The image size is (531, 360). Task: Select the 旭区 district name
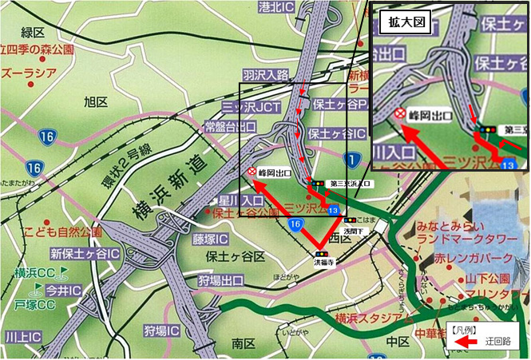point(95,101)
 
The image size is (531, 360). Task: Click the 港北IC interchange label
point(278,6)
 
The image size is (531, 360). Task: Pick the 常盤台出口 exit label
point(230,127)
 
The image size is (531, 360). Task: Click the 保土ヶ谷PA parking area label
point(340,104)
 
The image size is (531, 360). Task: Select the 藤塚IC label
point(209,239)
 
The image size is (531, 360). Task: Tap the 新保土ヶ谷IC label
point(84,254)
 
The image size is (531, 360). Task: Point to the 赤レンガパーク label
point(468,259)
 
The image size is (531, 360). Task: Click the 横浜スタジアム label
point(375,318)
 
